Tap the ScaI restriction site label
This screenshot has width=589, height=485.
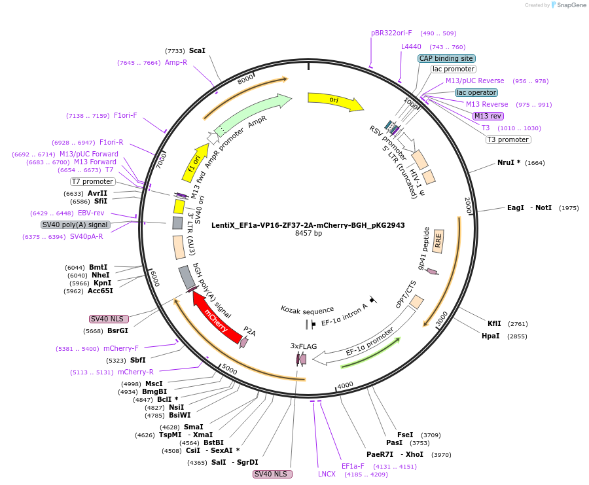click(197, 50)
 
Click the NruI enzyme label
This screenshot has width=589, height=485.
click(509, 162)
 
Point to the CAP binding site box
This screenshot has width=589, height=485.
click(446, 58)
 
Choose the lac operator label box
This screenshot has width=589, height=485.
click(476, 92)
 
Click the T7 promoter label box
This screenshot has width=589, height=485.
click(92, 181)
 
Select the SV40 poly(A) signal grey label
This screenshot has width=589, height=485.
click(75, 225)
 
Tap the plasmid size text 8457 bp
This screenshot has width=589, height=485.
click(308, 234)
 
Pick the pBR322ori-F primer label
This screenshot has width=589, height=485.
click(391, 33)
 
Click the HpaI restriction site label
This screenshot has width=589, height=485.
click(490, 336)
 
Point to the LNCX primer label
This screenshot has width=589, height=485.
click(326, 474)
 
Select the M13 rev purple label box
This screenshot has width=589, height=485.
click(488, 116)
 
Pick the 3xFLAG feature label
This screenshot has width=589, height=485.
click(304, 345)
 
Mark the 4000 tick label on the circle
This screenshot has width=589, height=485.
click(345, 385)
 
